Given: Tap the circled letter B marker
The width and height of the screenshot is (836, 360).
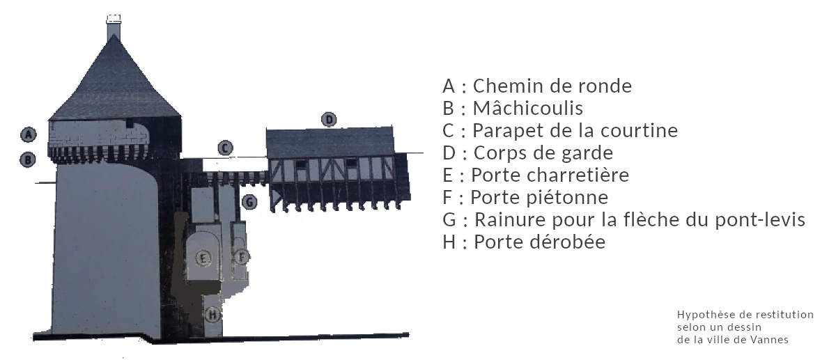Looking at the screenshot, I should pyautogui.click(x=28, y=159).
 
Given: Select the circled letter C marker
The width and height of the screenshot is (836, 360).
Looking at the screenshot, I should pyautogui.click(x=224, y=148).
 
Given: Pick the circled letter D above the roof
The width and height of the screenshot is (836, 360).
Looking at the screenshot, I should pyautogui.click(x=329, y=119).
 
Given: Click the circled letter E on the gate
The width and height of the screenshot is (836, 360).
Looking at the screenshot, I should pyautogui.click(x=203, y=258).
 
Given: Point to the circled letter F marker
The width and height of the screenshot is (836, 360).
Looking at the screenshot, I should pyautogui.click(x=241, y=256).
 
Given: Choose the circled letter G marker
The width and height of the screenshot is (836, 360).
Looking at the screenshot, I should pyautogui.click(x=249, y=202).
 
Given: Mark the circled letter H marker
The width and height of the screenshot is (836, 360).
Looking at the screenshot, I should pyautogui.click(x=213, y=314).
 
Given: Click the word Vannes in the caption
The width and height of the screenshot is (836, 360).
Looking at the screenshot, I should pyautogui.click(x=771, y=340).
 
